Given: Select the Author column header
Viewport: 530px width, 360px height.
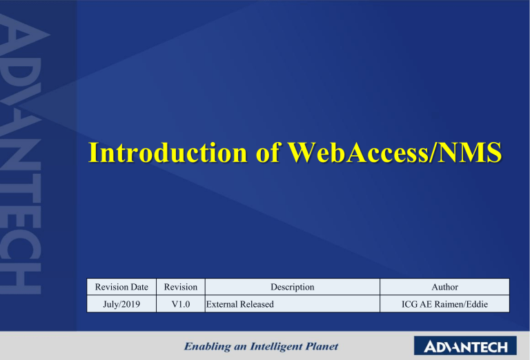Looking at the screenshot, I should click(444, 286).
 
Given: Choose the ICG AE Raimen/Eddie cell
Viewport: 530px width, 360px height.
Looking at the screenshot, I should click(444, 303).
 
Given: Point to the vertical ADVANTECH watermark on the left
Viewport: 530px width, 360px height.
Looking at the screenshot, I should click(25, 159).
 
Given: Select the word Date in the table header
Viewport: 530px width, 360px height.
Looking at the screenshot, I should click(138, 286).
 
